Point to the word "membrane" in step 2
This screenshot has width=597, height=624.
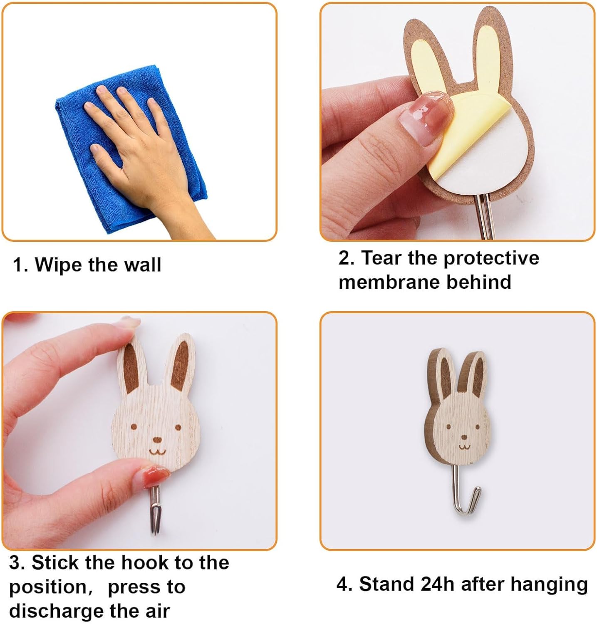coord(389,282)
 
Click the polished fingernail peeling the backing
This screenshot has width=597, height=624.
coord(425,116)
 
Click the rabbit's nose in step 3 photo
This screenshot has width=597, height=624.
coord(157,439)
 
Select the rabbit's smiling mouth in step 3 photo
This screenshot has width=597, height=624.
coord(157,451)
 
